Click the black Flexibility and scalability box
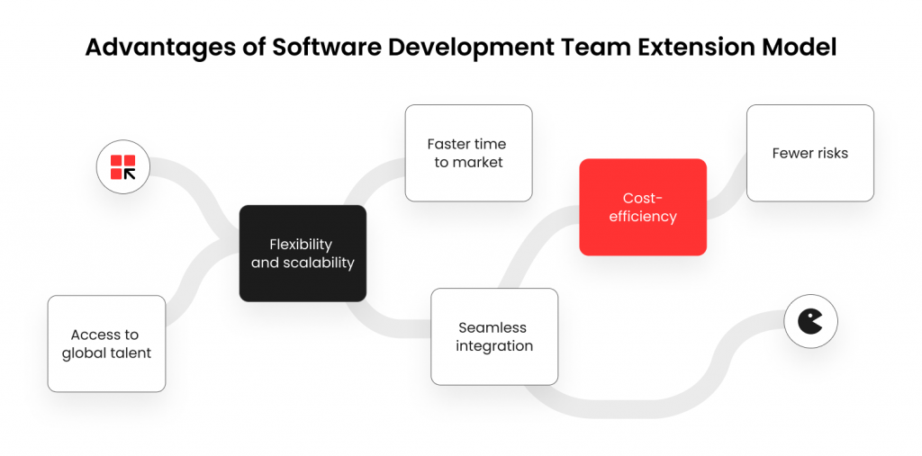tap(303, 254)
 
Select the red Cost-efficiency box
tap(643, 207)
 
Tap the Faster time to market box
tap(468, 154)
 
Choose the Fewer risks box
tap(810, 154)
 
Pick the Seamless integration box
tap(494, 336)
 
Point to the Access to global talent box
tap(106, 344)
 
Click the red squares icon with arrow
tap(122, 167)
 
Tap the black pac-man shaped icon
tap(810, 321)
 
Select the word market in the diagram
tap(477, 163)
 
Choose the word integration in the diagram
tap(494, 346)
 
